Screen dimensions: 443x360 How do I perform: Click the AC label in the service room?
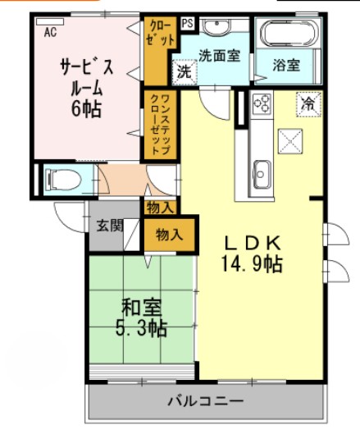click(50, 33)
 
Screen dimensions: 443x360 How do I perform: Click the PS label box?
click(188, 25)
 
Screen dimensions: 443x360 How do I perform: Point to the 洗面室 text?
click(220, 57)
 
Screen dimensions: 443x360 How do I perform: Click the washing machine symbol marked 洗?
click(184, 71)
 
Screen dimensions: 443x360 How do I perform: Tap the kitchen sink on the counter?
click(262, 171)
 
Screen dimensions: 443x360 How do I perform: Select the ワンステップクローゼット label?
click(156, 124)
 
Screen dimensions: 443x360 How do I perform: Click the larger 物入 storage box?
click(169, 235)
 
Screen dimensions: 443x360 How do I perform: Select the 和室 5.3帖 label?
click(140, 318)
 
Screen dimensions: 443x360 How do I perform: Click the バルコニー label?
click(205, 401)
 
